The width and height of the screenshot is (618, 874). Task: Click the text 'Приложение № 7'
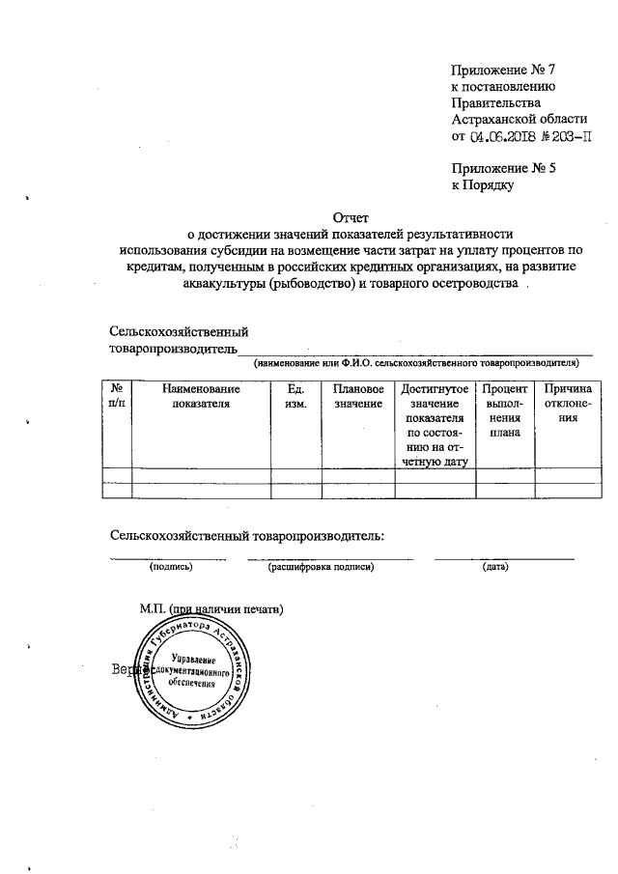505,69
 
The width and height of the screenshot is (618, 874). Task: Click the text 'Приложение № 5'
504,166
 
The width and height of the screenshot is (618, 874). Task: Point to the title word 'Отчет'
351,217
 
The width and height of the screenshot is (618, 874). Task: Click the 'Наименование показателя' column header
201,396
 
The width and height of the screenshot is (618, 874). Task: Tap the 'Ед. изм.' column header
296,396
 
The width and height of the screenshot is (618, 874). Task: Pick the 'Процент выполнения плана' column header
504,410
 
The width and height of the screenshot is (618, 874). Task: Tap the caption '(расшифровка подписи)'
321,566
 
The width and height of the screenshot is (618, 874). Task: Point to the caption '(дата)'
495,566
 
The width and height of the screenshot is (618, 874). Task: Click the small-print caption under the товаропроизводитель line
416,364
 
